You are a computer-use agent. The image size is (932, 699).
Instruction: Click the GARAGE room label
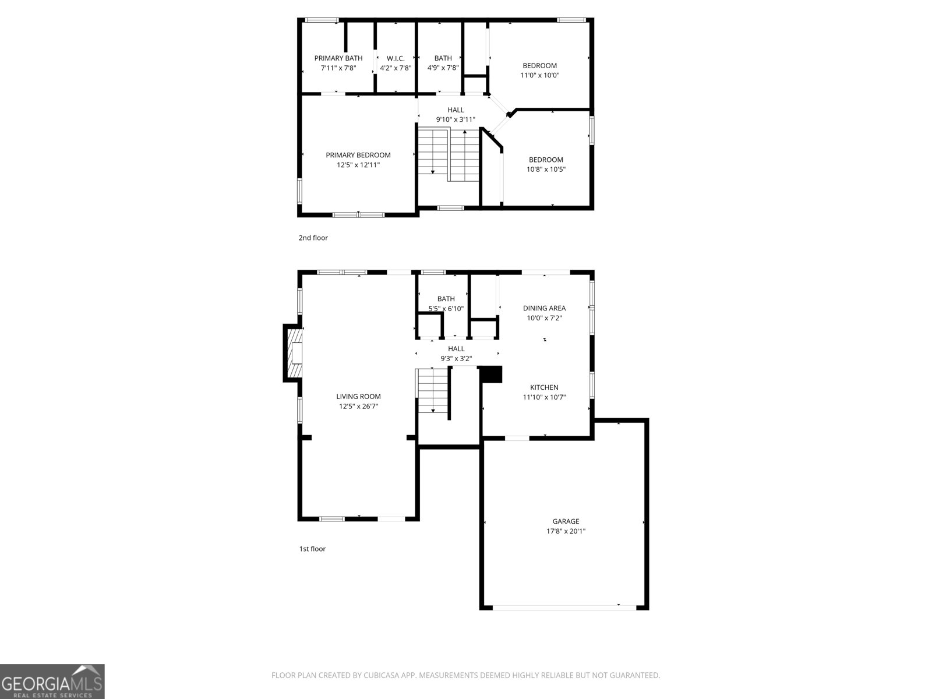(566, 521)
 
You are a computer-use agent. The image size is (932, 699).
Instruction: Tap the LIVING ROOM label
(358, 397)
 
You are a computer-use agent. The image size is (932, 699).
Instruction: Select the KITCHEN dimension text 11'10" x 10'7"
(544, 397)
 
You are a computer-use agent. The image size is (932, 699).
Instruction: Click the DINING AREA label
(544, 308)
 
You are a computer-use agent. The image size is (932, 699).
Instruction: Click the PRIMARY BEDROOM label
(358, 155)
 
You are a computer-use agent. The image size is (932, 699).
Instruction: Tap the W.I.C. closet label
(396, 58)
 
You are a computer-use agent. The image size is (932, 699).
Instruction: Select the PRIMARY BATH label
(338, 58)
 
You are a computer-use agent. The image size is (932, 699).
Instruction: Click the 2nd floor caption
(313, 238)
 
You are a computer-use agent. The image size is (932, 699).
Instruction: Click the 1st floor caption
(312, 549)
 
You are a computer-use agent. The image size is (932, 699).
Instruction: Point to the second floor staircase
(448, 154)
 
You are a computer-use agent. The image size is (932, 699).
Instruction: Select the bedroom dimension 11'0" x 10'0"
(539, 75)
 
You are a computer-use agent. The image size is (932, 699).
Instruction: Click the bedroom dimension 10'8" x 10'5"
(546, 170)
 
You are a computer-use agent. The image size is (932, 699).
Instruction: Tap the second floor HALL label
(456, 110)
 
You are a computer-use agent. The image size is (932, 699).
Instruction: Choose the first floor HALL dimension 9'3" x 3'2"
(456, 359)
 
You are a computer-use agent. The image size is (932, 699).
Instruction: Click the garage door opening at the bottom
(564, 608)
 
